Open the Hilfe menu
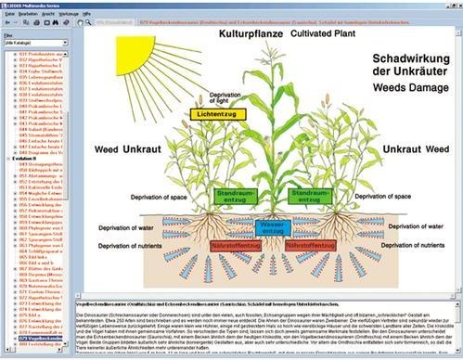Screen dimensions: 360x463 pos(111,17)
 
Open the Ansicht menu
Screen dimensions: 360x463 pos(61,17)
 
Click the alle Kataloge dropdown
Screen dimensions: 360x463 pos(34,43)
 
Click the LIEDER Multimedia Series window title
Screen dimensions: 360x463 pos(42,6)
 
